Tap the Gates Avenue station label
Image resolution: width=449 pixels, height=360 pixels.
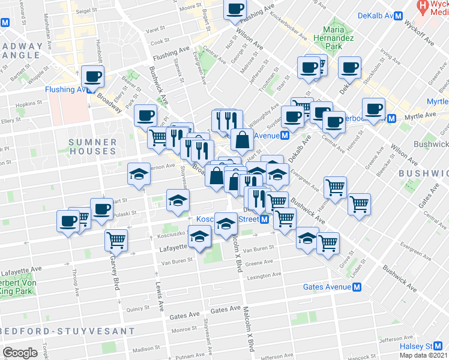pos(327,287)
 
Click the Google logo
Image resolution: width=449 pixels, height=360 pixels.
pos(20,352)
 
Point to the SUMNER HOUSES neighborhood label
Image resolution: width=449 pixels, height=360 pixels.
pos(93,146)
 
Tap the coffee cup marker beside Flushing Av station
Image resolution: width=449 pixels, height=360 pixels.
pos(92,76)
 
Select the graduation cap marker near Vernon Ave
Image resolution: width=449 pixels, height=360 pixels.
pos(139,175)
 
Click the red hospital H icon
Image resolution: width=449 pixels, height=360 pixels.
pos(424,7)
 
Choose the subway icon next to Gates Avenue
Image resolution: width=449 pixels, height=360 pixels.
pos(356,287)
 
